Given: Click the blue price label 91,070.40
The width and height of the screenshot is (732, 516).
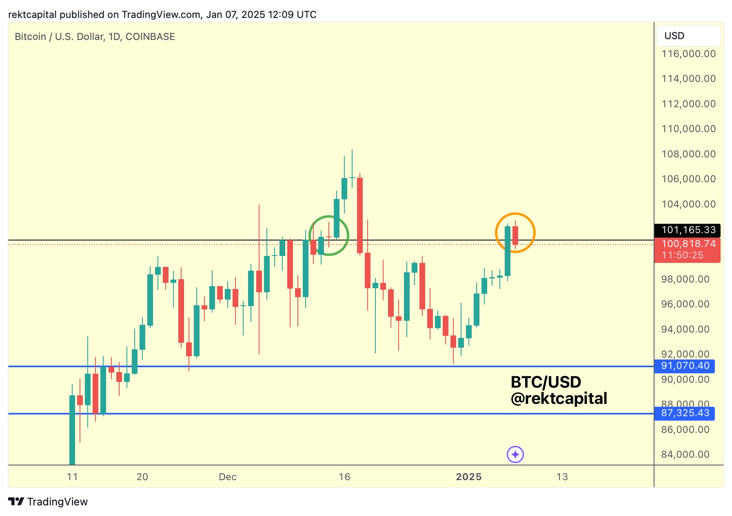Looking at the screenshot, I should coord(684,366).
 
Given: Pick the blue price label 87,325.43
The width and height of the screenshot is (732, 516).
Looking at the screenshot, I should coord(684,413).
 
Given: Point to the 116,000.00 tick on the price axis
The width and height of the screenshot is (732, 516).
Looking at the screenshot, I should coord(688,54).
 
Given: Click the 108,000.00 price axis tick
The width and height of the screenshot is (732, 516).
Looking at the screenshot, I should coord(688,154).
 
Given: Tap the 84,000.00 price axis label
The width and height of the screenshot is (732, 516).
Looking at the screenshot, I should coord(685,454).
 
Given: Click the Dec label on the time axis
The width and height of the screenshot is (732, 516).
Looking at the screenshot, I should coord(228,477).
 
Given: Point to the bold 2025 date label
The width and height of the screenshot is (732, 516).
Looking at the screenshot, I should coord(469,477).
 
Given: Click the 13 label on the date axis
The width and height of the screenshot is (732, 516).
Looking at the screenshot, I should coord(562,477).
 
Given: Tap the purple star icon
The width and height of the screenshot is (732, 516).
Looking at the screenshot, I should coord(515,454).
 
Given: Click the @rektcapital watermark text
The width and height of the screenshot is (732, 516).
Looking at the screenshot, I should coord(559,399).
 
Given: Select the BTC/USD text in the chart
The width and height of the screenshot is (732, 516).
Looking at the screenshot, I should coord(546,382).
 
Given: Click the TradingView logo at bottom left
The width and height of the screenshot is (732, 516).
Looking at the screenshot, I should coord(48,502).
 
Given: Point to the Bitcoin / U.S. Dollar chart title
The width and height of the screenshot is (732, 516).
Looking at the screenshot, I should coord(95,37).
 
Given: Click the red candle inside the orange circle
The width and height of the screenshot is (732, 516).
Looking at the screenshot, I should coord(515,236).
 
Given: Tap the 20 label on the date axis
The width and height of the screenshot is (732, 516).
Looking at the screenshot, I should coord(142,477).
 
